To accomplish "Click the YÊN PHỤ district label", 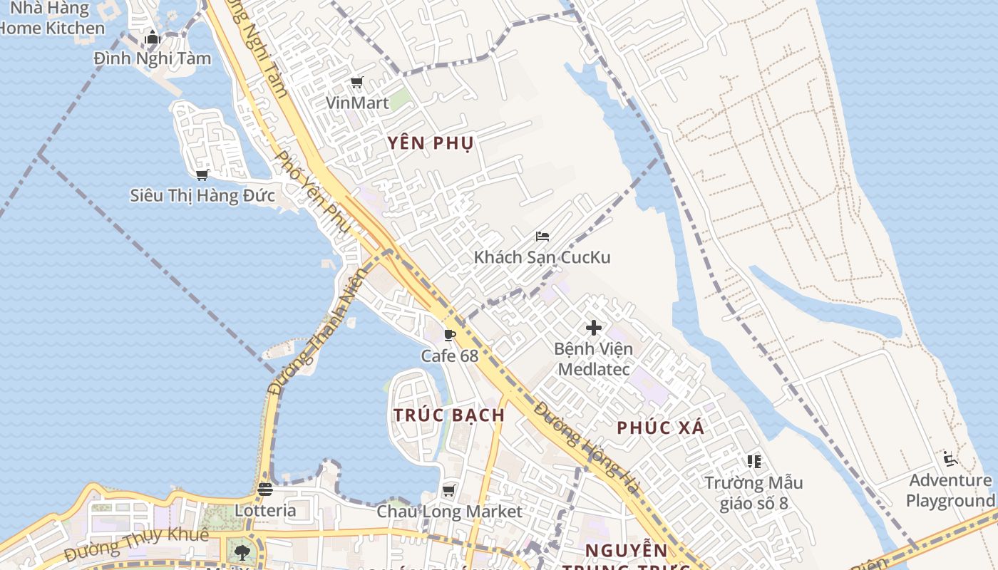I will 431,143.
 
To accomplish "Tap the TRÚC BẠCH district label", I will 449,415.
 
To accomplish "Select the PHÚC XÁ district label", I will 661,427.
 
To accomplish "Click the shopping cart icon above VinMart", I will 357,83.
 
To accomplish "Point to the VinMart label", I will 357,103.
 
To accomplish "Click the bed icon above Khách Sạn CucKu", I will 542,237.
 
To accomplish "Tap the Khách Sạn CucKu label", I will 542,257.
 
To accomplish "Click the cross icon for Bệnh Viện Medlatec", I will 594,328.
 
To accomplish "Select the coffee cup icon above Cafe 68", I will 450,334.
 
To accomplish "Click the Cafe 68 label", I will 450,355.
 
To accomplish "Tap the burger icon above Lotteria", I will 265,489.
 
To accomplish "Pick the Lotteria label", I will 265,510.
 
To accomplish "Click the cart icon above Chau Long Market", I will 449,490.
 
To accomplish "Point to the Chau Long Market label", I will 449,512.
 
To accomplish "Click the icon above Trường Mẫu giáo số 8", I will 754,462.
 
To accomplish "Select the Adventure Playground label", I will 950,490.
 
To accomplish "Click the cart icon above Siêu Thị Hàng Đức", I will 202,175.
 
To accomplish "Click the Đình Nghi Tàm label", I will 153,58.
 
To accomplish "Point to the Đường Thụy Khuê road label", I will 136,544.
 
